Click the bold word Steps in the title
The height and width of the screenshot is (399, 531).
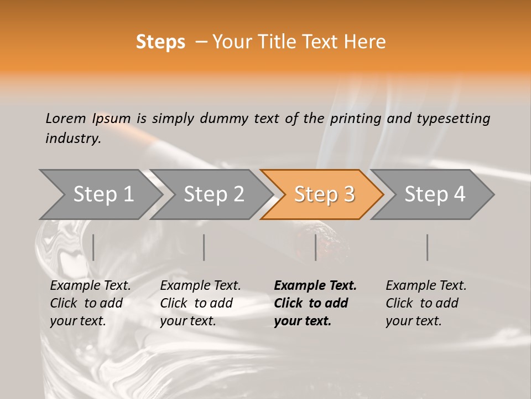click(160, 42)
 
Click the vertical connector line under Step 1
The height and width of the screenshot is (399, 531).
click(93, 247)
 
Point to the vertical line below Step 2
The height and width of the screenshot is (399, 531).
click(204, 247)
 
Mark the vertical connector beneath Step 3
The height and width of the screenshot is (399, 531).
click(316, 247)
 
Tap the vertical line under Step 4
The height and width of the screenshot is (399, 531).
click(428, 247)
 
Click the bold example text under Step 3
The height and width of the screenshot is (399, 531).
click(315, 303)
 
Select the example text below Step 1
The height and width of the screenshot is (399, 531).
click(90, 303)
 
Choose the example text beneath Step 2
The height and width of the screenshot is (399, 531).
click(200, 303)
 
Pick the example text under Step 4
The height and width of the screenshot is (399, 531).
click(426, 303)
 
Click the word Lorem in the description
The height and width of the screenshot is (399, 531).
click(65, 118)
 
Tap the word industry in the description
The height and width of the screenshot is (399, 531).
click(72, 139)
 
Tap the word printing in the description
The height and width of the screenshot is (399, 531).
click(356, 119)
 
